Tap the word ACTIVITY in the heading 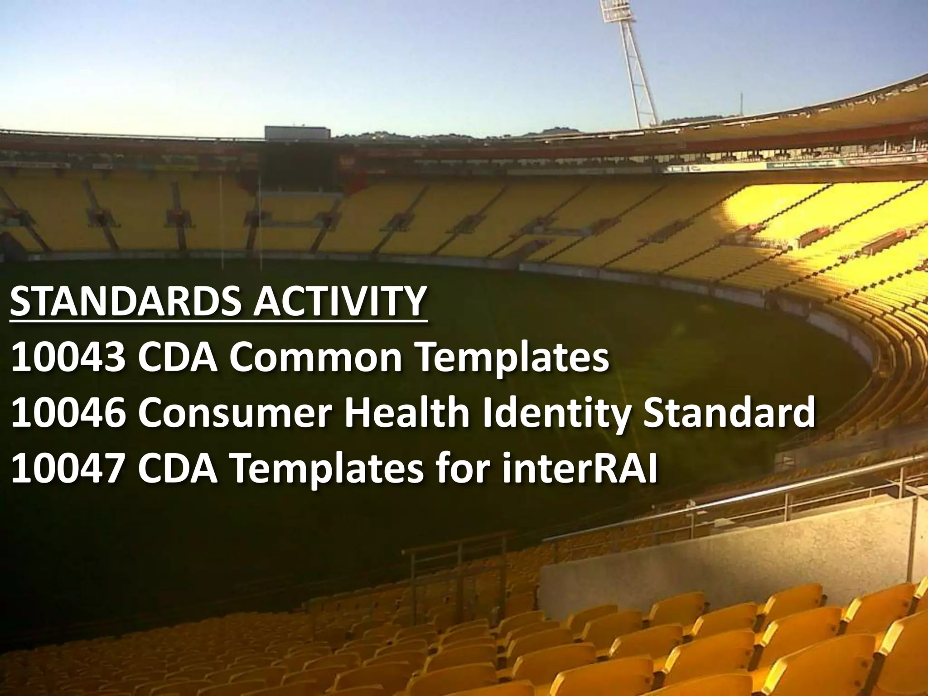(x=339, y=301)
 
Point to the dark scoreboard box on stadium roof (x=297, y=132)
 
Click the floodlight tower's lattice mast (x=639, y=77)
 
